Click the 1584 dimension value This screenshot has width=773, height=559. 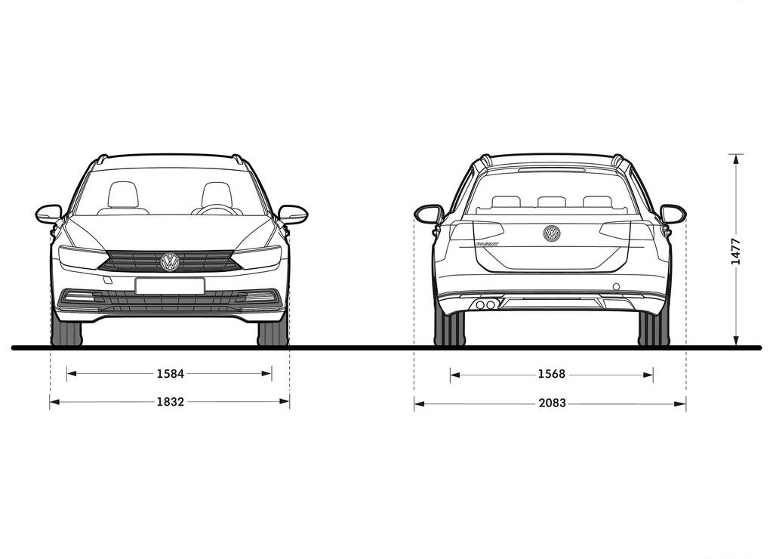pyautogui.click(x=170, y=374)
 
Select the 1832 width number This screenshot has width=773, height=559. pyautogui.click(x=170, y=402)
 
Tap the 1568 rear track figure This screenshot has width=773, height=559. pyautogui.click(x=552, y=375)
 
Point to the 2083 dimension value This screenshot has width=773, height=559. pyautogui.click(x=552, y=403)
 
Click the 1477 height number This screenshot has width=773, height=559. pyautogui.click(x=735, y=251)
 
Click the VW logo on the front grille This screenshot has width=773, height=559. pyautogui.click(x=170, y=262)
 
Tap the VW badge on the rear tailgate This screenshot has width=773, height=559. pyautogui.click(x=552, y=233)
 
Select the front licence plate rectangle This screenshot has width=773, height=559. pyautogui.click(x=170, y=286)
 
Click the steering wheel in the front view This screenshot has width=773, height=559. pyautogui.click(x=217, y=209)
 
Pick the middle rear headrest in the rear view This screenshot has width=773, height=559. pyautogui.click(x=552, y=201)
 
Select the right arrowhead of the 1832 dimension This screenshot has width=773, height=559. pyautogui.click(x=285, y=402)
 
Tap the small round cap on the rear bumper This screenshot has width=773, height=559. pyautogui.click(x=616, y=286)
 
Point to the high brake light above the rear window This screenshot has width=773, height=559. pyautogui.click(x=551, y=169)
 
